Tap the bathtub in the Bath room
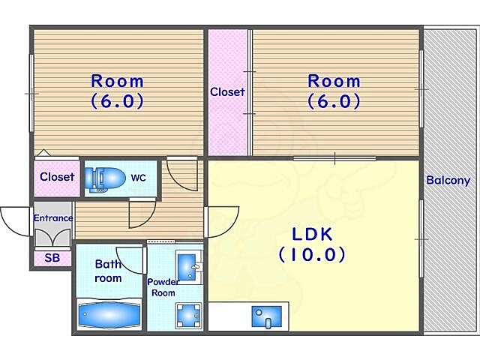pyautogui.click(x=109, y=314)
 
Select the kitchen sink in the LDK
pyautogui.click(x=266, y=316)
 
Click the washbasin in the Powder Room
pyautogui.click(x=187, y=267)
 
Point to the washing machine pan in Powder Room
pyautogui.click(x=188, y=315)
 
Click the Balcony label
pyautogui.click(x=448, y=180)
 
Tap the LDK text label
pyautogui.click(x=312, y=235)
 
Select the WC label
pyautogui.click(x=138, y=178)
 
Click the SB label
pyautogui.click(x=52, y=258)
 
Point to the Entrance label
pyautogui.click(x=53, y=218)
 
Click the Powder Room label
pyautogui.click(x=163, y=287)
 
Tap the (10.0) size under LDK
pyautogui.click(x=312, y=254)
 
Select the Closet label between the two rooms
pyautogui.click(x=227, y=91)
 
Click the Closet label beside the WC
pyautogui.click(x=57, y=177)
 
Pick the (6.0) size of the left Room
pyautogui.click(x=118, y=101)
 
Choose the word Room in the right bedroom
pyautogui.click(x=334, y=81)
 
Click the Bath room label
pyautogui.click(x=108, y=271)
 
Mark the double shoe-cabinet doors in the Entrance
pyautogui.click(x=53, y=238)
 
